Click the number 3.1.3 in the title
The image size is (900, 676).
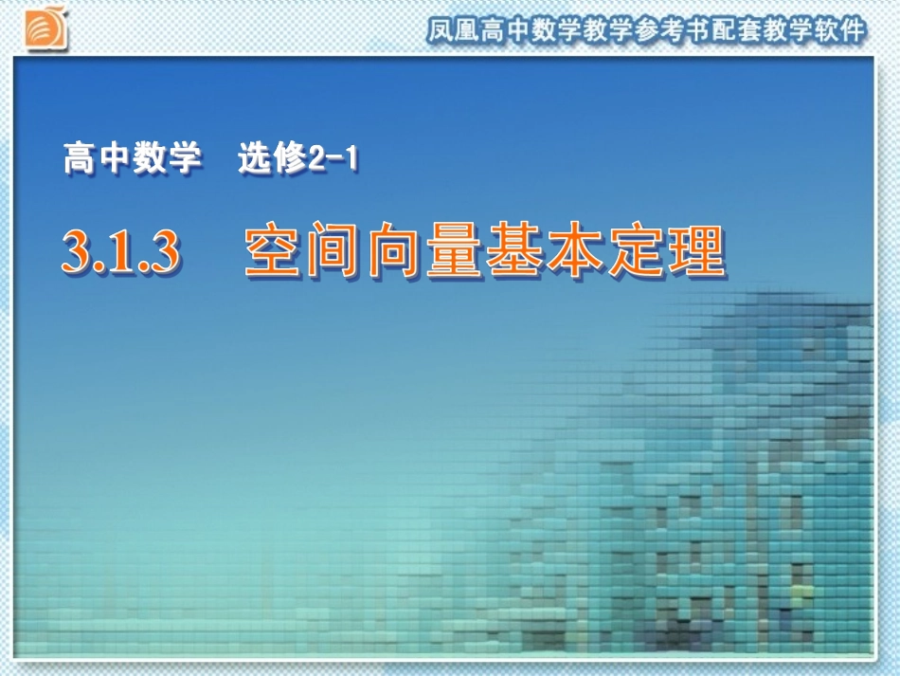click(120, 252)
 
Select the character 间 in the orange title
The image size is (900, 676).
click(334, 252)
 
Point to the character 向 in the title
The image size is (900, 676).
click(395, 252)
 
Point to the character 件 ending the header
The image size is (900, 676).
click(852, 31)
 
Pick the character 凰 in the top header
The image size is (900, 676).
click(470, 31)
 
